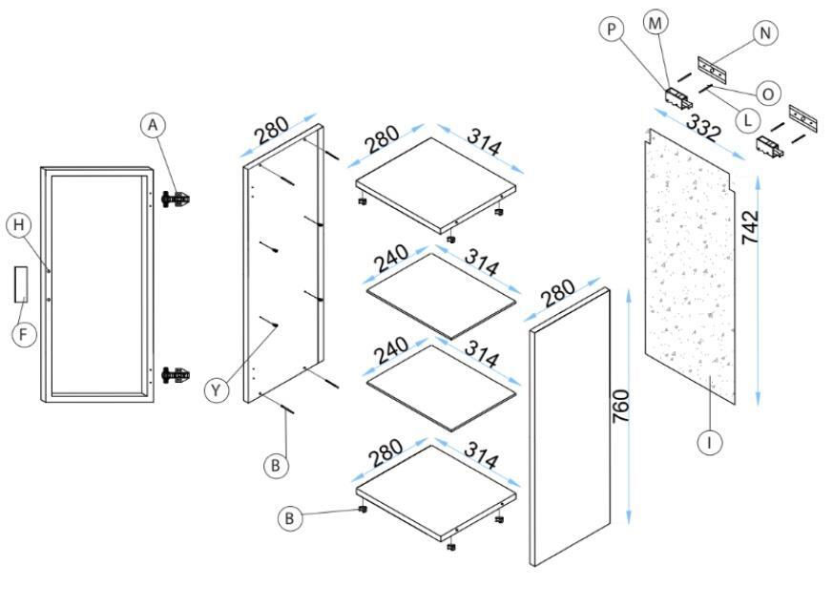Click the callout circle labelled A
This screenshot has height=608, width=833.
tap(153, 125)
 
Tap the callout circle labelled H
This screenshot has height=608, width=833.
tap(19, 225)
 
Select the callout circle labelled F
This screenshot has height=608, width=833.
tap(23, 335)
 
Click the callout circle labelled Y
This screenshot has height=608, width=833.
tap(217, 391)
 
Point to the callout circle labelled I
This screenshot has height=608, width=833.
tap(709, 442)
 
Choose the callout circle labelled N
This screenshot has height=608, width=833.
tap(765, 33)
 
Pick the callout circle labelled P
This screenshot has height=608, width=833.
tap(612, 29)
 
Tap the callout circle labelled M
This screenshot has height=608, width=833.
tap(656, 23)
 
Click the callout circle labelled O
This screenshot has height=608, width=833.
tap(768, 94)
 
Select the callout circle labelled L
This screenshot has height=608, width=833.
tap(747, 120)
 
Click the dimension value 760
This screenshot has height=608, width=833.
tap(620, 407)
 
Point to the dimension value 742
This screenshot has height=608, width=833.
tap(750, 227)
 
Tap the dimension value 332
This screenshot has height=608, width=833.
tap(703, 127)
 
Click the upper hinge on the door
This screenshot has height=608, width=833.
tap(177, 199)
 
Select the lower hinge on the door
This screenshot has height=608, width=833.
tap(177, 375)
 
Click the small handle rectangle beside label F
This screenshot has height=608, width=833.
tap(21, 284)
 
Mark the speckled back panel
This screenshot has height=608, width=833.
tap(690, 265)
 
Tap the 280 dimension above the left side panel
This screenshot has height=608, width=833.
tap(273, 131)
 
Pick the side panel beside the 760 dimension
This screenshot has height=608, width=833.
tap(570, 428)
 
